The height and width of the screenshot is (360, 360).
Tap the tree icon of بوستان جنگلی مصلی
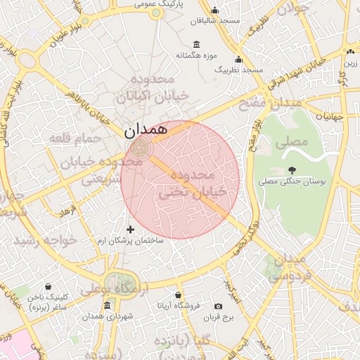click(x=291, y=169)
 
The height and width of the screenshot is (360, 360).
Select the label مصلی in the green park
click(x=292, y=141)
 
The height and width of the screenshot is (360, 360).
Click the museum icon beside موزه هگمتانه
click(x=194, y=44)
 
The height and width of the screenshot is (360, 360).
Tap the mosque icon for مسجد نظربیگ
click(x=238, y=60)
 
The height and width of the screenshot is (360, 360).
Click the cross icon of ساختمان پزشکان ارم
click(x=130, y=229)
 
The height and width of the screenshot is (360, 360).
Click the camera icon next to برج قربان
click(x=218, y=307)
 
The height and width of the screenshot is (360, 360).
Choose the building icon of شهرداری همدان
click(x=107, y=305)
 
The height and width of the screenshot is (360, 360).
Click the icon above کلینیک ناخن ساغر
click(x=47, y=287)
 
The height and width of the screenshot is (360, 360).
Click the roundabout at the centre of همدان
click(x=139, y=147)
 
